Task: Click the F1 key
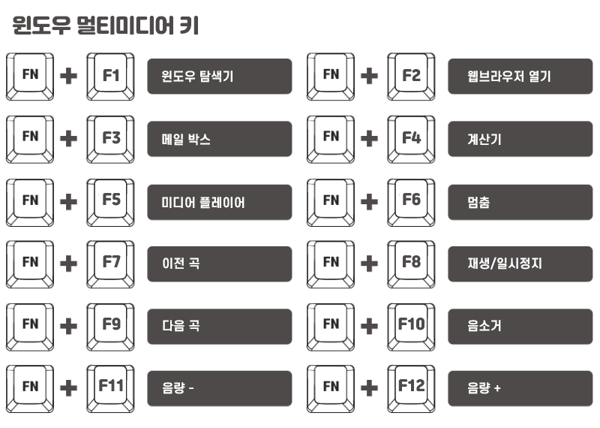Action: [x=111, y=76]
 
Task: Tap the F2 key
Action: [x=411, y=76]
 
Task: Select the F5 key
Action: [x=111, y=201]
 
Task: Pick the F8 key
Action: [x=411, y=264]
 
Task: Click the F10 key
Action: [x=411, y=326]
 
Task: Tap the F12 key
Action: [x=411, y=387]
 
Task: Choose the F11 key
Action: [x=111, y=387]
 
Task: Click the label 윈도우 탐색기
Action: [x=219, y=77]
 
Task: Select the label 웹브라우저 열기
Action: [x=520, y=77]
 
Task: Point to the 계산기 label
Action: [x=520, y=139]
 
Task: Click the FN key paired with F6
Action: [x=331, y=201]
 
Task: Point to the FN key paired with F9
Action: [x=30, y=326]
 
